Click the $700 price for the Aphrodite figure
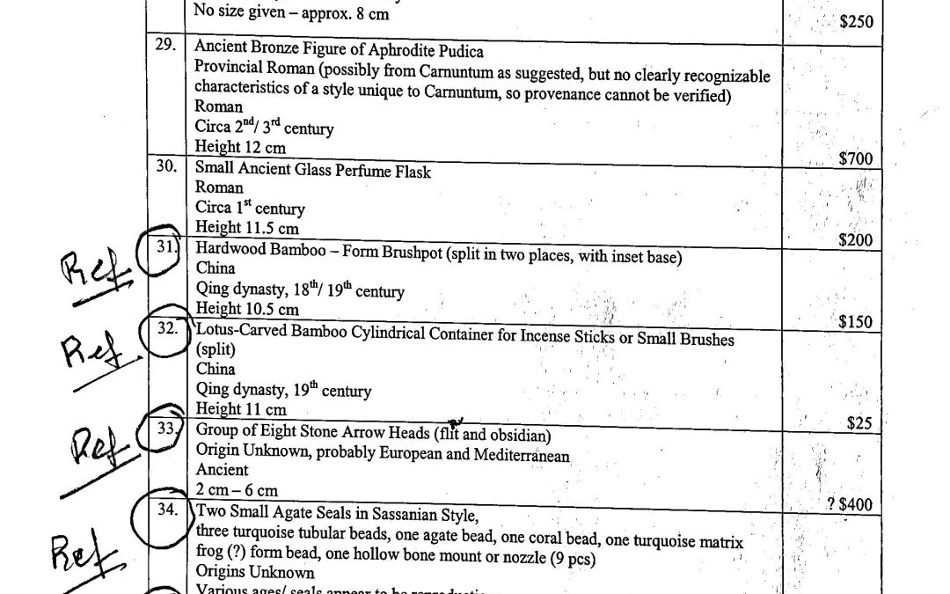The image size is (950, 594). [x=855, y=159]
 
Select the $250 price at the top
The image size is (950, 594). [x=856, y=22]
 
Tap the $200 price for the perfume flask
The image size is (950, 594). [x=855, y=239]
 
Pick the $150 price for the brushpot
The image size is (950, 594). [x=855, y=321]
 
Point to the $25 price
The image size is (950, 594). [x=859, y=423]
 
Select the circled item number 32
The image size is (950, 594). [x=165, y=331]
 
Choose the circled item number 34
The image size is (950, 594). [x=165, y=510]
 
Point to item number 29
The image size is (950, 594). [x=165, y=45]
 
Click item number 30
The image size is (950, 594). [x=165, y=167]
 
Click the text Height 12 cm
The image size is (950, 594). [x=240, y=148]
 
